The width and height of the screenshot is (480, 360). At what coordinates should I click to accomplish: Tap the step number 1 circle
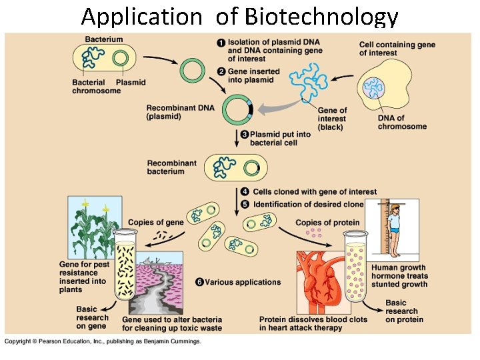tap(221, 42)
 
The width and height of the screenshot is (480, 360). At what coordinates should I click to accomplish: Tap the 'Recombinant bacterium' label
tap(172, 167)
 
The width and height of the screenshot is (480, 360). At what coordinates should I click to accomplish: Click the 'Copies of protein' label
tap(327, 223)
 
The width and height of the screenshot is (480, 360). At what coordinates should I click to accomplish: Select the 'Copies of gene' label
tap(155, 223)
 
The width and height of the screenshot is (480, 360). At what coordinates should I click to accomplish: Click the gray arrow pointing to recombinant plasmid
tap(274, 107)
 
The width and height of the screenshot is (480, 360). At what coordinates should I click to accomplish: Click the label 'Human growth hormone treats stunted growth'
tap(400, 276)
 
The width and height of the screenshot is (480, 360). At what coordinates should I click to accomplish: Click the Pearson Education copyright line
tap(103, 341)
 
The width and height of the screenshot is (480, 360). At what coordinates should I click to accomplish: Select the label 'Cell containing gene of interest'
tap(397, 49)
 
